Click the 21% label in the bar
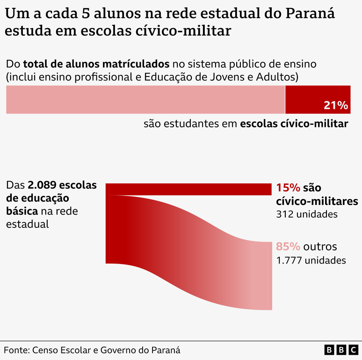[336, 105]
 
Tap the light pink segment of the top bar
[145, 99]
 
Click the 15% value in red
[288, 188]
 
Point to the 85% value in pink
[288, 247]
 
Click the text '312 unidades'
[306, 214]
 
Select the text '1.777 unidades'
[311, 260]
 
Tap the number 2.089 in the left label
[41, 185]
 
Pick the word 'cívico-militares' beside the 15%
[317, 201]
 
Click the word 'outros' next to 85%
[320, 247]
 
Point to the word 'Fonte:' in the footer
[16, 350]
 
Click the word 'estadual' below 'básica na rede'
[27, 224]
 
